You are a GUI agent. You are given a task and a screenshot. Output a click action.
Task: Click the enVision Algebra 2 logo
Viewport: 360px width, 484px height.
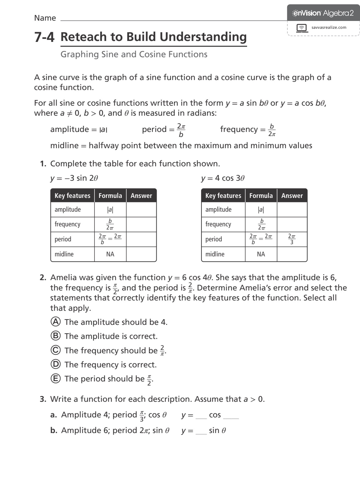(323, 13)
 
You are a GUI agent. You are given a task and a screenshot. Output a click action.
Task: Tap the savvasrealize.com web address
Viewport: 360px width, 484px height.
(329, 28)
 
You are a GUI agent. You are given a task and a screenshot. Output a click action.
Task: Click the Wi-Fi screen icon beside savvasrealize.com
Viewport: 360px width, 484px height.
(302, 28)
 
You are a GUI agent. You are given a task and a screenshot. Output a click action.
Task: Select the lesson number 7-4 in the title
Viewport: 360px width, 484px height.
(44, 37)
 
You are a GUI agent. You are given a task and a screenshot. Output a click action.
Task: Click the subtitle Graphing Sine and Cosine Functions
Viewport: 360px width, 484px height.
(134, 54)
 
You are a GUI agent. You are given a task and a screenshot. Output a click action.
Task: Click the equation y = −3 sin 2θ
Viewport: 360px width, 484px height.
(74, 178)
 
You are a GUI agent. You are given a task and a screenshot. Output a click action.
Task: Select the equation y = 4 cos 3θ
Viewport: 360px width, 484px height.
(222, 178)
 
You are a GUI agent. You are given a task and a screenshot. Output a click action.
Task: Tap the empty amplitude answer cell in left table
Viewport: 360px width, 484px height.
(141, 209)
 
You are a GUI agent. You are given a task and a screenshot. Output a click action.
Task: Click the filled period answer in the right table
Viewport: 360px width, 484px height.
(292, 239)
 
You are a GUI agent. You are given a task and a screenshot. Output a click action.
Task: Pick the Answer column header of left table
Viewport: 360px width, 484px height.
(141, 196)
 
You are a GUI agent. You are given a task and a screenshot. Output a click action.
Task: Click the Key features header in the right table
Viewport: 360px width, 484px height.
(223, 196)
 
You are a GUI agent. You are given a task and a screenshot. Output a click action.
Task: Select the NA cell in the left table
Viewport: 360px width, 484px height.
(110, 254)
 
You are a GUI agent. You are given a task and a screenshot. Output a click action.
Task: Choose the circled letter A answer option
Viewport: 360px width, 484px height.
(55, 322)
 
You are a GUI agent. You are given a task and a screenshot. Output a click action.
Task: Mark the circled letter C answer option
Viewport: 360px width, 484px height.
(55, 350)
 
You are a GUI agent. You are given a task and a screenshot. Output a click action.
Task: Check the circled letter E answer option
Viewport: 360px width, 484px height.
(55, 379)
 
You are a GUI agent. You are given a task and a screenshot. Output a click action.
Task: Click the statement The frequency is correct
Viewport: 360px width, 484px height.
(110, 365)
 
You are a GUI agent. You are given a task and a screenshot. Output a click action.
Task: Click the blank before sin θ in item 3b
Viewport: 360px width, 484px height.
(201, 432)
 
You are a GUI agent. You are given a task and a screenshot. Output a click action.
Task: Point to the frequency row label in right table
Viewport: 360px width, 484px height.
(218, 224)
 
